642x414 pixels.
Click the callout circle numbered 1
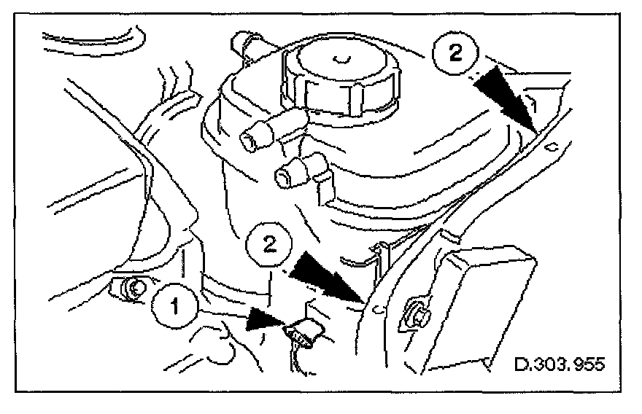point(174,306)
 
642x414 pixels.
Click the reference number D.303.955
point(559,362)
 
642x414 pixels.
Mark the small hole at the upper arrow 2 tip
point(552,147)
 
